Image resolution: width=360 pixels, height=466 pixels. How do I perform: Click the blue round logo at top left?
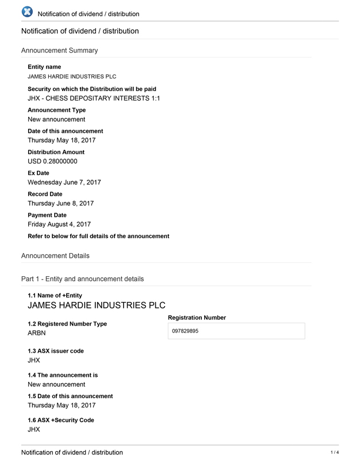pyautogui.click(x=26, y=12)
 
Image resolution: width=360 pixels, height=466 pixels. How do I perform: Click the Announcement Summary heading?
pyautogui.click(x=59, y=51)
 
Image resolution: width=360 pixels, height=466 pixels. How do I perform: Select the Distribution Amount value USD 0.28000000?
pyautogui.click(x=52, y=161)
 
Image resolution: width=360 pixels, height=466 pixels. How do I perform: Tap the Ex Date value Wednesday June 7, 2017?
pyautogui.click(x=64, y=182)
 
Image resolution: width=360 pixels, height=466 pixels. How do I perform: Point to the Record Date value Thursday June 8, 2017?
pyautogui.click(x=60, y=203)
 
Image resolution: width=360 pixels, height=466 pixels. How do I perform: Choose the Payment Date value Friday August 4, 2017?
pyautogui.click(x=59, y=224)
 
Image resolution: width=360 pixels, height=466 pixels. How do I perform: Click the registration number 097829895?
pyautogui.click(x=186, y=331)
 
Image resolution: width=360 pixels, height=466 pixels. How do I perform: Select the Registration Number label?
pyautogui.click(x=197, y=318)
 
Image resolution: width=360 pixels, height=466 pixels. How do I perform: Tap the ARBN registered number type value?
pyautogui.click(x=37, y=333)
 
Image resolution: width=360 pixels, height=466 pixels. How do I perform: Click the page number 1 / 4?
pyautogui.click(x=335, y=453)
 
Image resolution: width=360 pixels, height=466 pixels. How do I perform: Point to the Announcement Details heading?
pyautogui.click(x=55, y=255)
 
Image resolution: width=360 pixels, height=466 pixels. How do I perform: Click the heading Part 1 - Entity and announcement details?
pyautogui.click(x=82, y=279)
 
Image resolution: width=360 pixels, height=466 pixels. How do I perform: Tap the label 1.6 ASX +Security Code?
pyautogui.click(x=60, y=420)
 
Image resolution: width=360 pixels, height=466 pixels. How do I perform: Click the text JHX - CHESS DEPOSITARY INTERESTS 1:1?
pyautogui.click(x=94, y=98)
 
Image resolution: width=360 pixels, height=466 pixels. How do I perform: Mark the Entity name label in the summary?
pyautogui.click(x=44, y=67)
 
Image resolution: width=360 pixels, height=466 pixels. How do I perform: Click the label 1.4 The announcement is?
pyautogui.click(x=63, y=375)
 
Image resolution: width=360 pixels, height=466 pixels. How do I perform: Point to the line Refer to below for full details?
pyautogui.click(x=98, y=236)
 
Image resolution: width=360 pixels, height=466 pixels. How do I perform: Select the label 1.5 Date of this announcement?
pyautogui.click(x=70, y=396)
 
